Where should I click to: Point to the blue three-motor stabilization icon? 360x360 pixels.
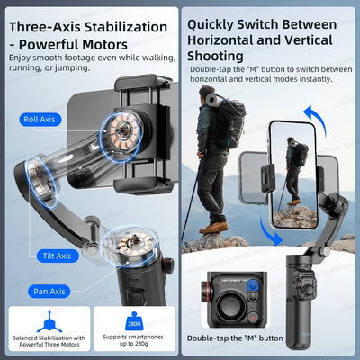[46, 319]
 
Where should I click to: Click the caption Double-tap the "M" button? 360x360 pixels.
[233, 337]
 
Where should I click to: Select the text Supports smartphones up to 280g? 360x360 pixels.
[132, 343]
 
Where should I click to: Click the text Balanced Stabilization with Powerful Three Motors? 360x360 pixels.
[46, 343]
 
